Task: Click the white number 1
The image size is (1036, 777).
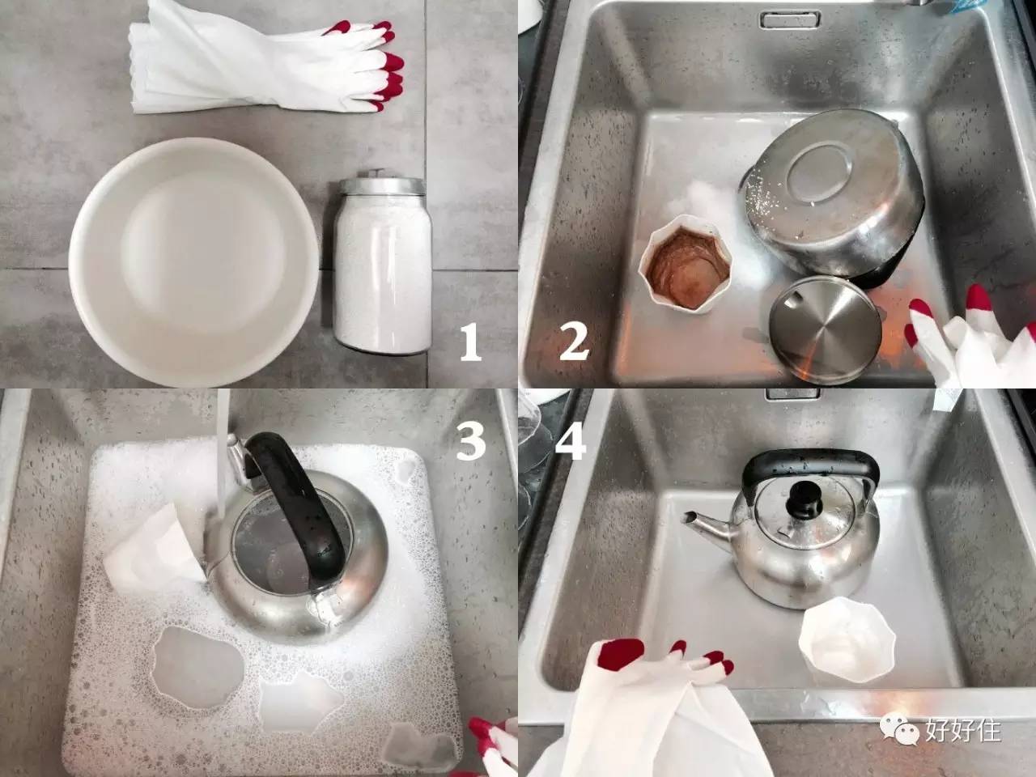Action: tap(470, 342)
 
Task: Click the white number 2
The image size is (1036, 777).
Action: tap(573, 342)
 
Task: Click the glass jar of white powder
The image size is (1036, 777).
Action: tap(384, 275)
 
